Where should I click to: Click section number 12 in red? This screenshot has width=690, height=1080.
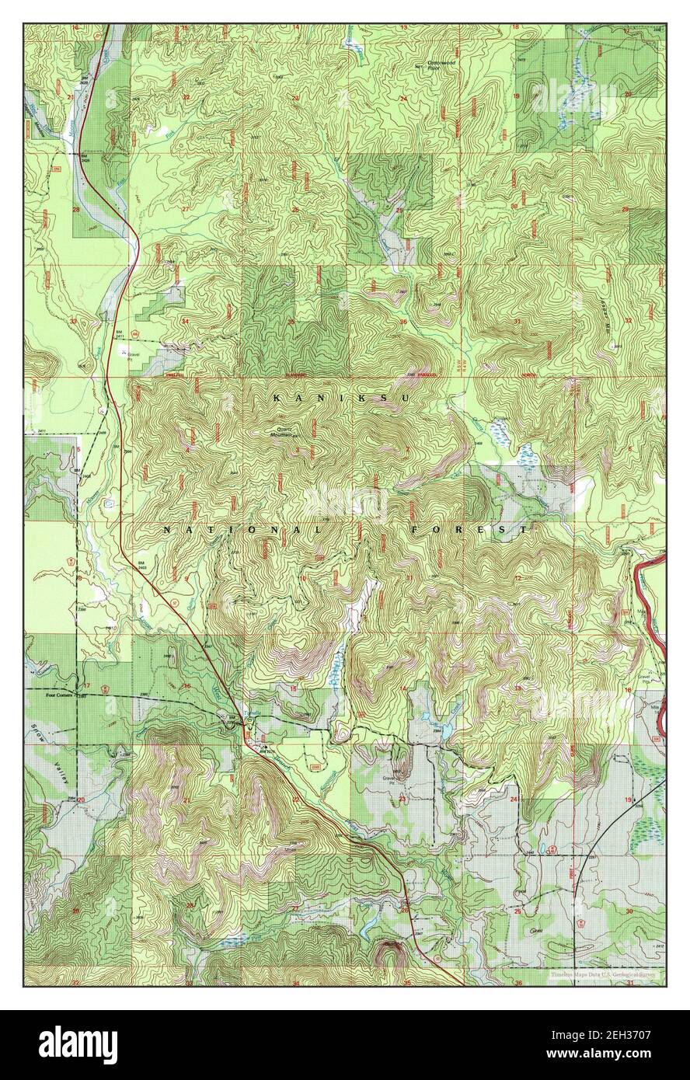[517, 578]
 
